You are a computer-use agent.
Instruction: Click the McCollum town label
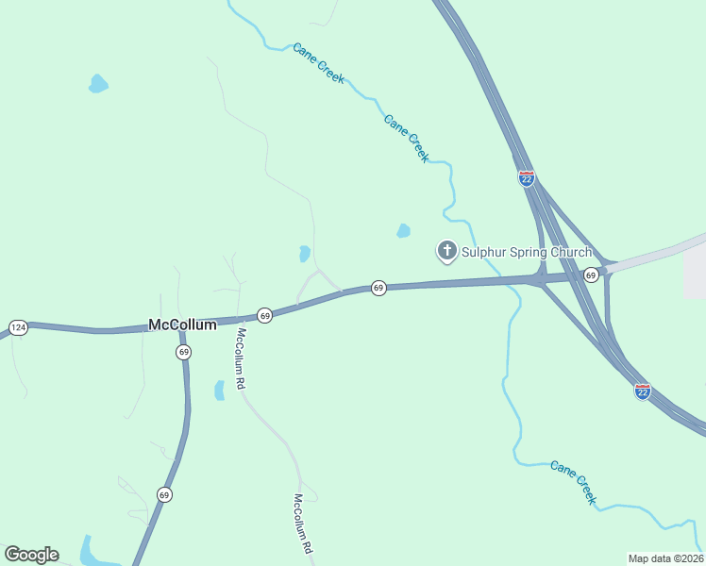(182, 325)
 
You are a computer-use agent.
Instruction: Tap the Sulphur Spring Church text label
(526, 252)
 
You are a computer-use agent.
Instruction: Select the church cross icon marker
(446, 251)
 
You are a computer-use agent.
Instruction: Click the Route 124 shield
(17, 327)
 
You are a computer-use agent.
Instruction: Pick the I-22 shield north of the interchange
(527, 177)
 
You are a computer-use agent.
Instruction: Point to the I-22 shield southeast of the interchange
(642, 391)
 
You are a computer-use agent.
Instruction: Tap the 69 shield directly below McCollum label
(183, 352)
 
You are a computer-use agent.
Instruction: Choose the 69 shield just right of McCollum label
(264, 315)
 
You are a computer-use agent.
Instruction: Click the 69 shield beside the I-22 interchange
(590, 275)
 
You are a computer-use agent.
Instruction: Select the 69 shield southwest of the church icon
(378, 288)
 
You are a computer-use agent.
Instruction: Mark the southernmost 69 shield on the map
(164, 494)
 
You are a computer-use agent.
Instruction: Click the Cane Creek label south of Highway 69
(574, 482)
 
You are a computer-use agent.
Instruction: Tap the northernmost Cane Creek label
(318, 63)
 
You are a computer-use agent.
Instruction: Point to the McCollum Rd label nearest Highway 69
(241, 359)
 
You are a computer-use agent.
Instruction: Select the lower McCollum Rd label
(301, 523)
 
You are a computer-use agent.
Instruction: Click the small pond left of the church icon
(404, 230)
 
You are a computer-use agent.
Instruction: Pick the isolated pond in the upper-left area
(97, 84)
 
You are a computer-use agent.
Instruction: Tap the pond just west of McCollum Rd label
(219, 390)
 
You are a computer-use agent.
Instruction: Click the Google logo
(31, 555)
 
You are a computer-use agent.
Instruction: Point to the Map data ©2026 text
(665, 558)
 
